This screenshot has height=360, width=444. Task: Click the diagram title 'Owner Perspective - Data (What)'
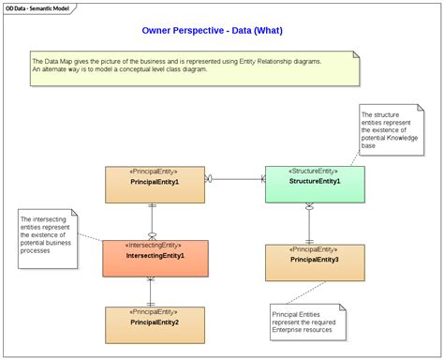[x=212, y=30]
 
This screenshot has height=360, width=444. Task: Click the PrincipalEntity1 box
[x=155, y=191]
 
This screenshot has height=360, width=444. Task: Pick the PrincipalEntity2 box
[x=155, y=328]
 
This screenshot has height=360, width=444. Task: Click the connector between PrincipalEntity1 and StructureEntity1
[x=234, y=177]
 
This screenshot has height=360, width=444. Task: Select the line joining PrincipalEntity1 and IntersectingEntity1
[x=152, y=221]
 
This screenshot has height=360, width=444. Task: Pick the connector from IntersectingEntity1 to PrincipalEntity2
[x=152, y=292]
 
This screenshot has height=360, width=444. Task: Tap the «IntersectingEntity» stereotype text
[x=155, y=246]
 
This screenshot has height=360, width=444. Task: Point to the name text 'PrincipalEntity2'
[x=155, y=322]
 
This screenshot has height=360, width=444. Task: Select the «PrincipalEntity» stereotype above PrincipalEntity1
[x=155, y=172]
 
